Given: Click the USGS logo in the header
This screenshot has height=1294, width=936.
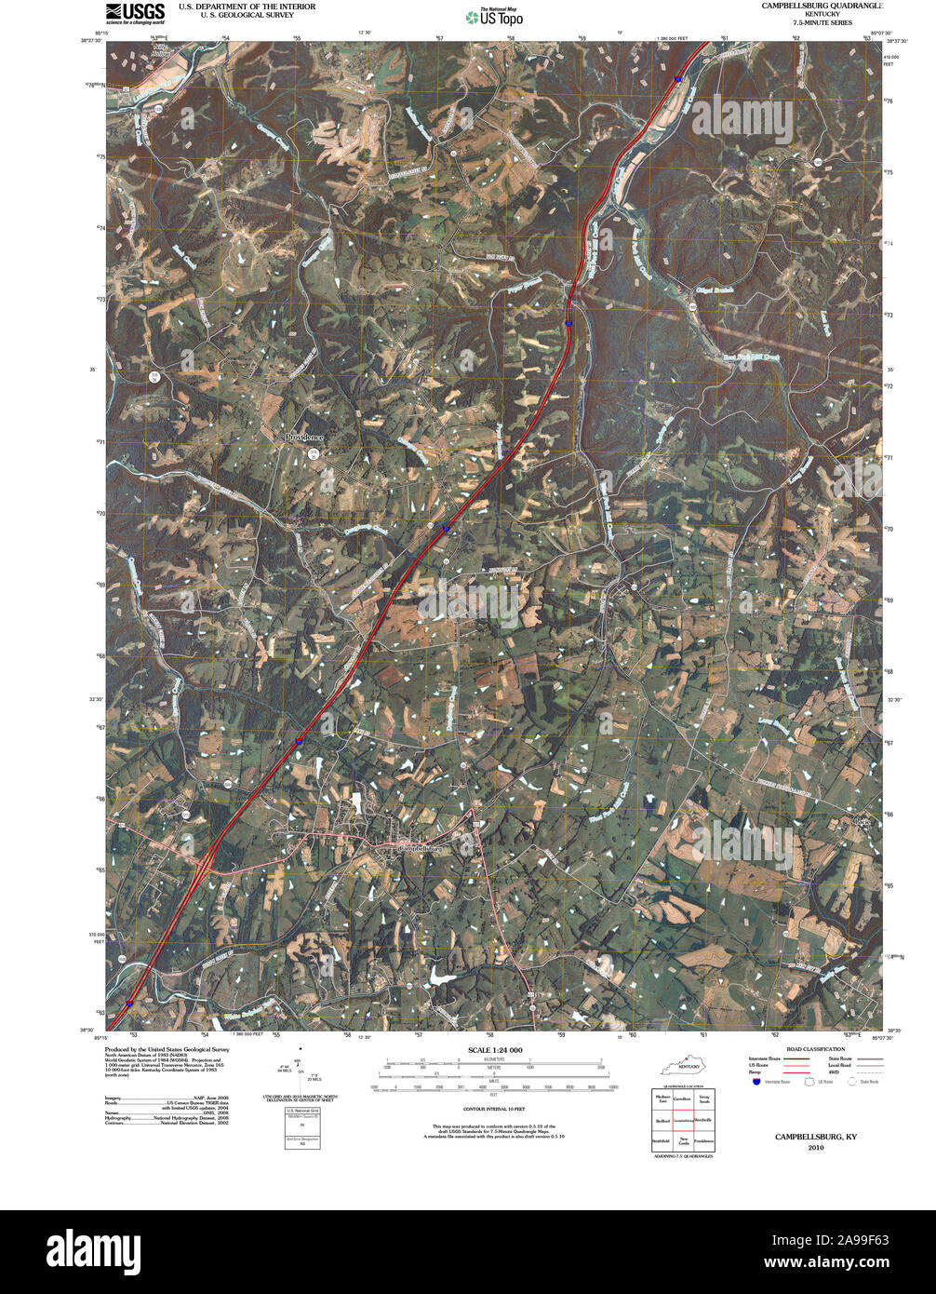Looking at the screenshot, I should (x=136, y=12).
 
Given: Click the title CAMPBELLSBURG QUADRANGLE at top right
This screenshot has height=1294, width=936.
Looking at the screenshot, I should (x=822, y=6).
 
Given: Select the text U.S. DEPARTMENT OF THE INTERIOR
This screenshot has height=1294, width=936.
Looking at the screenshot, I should (x=234, y=7).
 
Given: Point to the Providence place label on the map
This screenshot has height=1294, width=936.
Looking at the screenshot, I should (x=305, y=437).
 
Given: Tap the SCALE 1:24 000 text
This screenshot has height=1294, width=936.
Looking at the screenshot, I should (x=496, y=1050).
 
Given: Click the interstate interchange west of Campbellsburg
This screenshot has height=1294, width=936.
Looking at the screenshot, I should (x=203, y=868).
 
